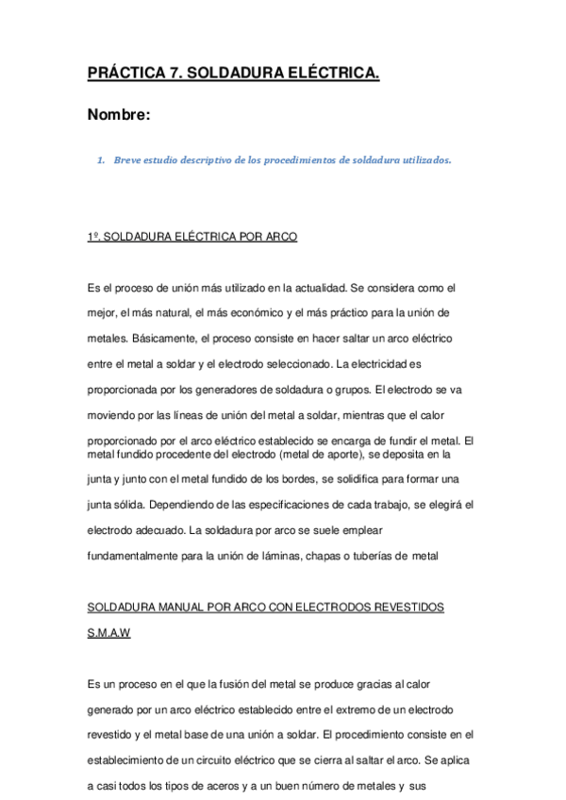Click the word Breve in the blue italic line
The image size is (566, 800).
[126, 159]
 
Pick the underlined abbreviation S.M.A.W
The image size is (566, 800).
[108, 633]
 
